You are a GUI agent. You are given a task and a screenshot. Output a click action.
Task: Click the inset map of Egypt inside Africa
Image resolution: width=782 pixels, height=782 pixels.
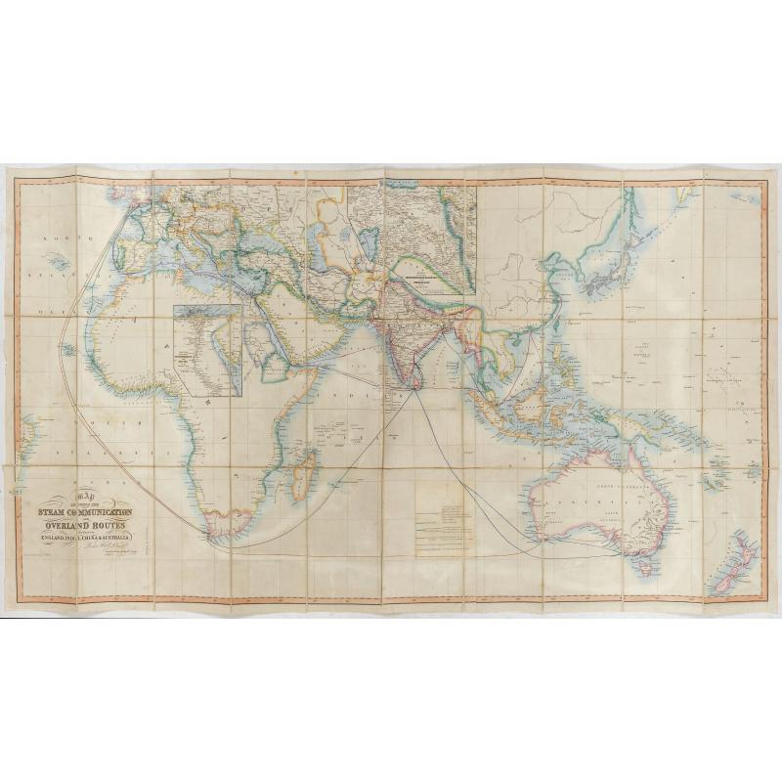coord(207,349)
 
